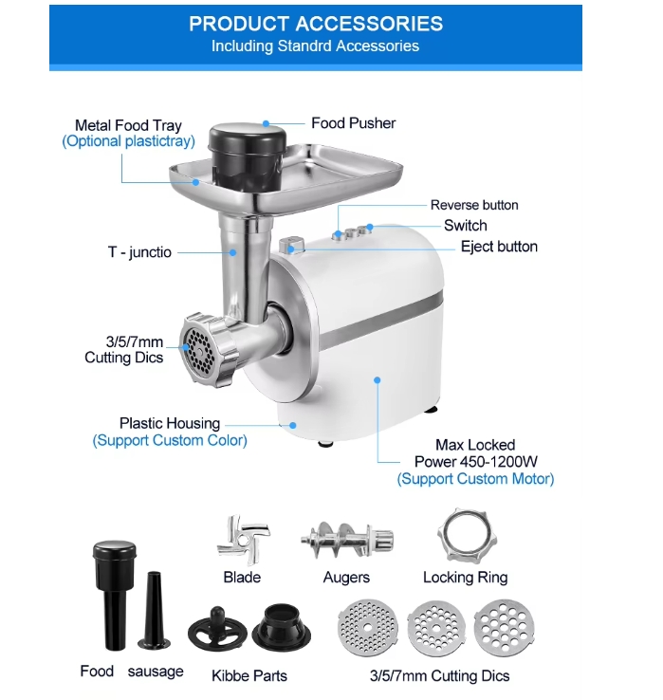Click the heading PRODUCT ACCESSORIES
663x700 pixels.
click(x=316, y=24)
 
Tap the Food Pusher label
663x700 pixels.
click(x=353, y=123)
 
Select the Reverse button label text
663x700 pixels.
click(x=474, y=205)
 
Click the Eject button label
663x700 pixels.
click(x=499, y=247)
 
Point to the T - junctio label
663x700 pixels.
click(x=139, y=252)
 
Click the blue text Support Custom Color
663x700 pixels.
click(x=170, y=441)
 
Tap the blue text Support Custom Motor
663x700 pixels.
click(x=475, y=479)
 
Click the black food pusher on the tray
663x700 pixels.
click(x=248, y=157)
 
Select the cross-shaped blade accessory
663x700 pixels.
click(x=243, y=540)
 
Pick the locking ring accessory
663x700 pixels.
click(x=467, y=537)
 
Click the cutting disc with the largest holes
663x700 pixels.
click(x=504, y=628)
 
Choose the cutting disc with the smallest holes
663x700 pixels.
click(x=368, y=628)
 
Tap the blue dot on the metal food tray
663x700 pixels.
click(x=195, y=182)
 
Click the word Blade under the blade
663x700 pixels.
click(x=242, y=578)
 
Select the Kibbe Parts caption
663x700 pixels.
click(x=249, y=675)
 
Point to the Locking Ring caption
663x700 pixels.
click(x=465, y=578)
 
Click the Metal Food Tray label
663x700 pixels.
click(x=128, y=125)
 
